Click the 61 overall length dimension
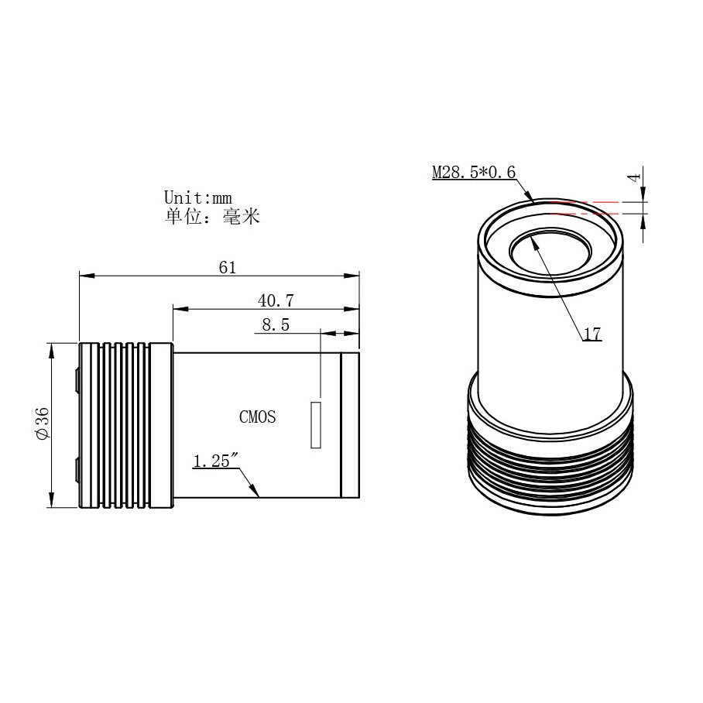(x=227, y=268)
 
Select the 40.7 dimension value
(x=276, y=300)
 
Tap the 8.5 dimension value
(x=276, y=325)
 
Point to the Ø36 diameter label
(x=43, y=425)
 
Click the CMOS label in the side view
(x=257, y=417)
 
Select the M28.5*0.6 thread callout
(x=473, y=172)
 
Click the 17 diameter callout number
(x=592, y=334)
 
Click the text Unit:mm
(x=197, y=198)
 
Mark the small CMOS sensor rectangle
(x=316, y=424)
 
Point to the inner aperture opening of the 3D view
(x=550, y=252)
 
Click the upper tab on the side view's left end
(x=77, y=379)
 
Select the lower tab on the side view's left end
(x=77, y=468)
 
